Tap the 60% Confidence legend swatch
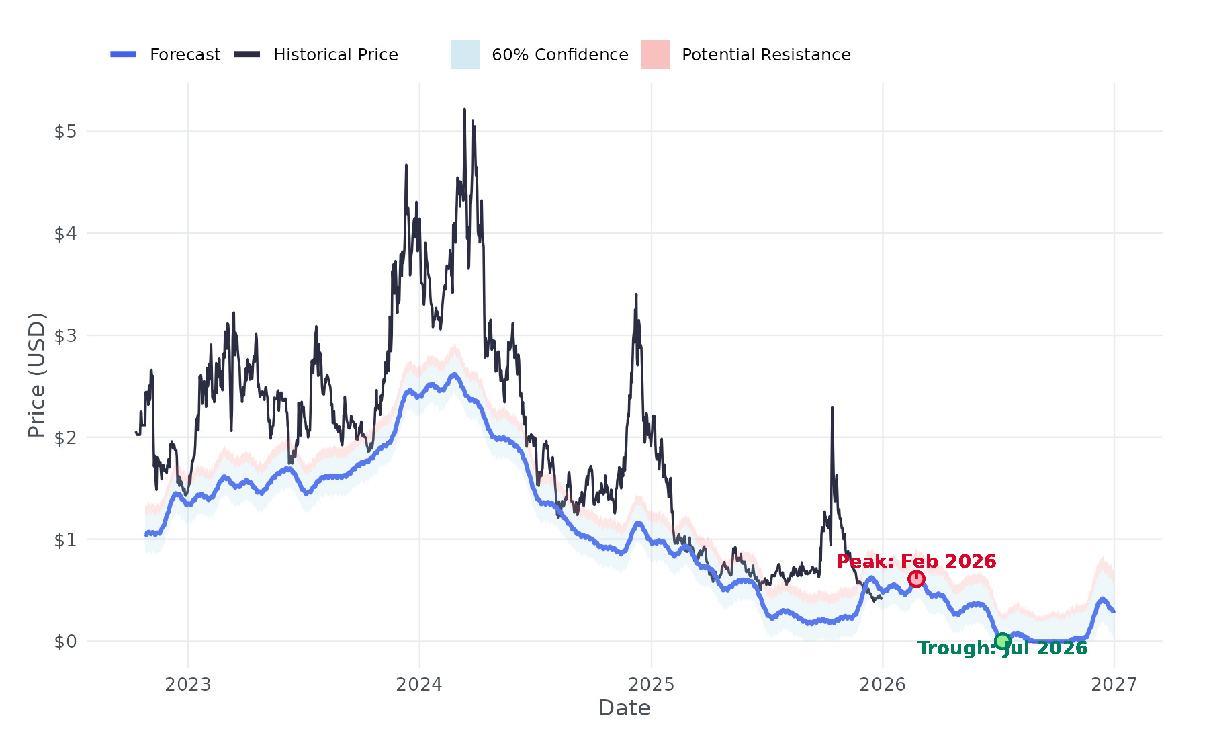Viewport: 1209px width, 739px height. pos(465,54)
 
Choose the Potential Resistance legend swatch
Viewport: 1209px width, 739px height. pos(655,54)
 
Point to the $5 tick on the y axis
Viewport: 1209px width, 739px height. pos(65,132)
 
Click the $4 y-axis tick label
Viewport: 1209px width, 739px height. pos(65,234)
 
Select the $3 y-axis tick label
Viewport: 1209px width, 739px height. pos(65,336)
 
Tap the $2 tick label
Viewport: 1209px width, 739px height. pos(65,438)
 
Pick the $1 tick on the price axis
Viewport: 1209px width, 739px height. pos(65,539)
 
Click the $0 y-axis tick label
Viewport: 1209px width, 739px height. pos(65,642)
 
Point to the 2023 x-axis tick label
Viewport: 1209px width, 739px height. pos(188,685)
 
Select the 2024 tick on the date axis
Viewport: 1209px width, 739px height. pos(419,685)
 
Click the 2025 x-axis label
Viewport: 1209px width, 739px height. pos(651,685)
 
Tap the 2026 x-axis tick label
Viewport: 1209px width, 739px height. pos(883,685)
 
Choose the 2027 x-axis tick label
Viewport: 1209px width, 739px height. pos(1114,685)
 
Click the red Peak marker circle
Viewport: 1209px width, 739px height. pos(916,579)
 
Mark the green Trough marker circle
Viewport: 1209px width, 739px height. pos(1002,641)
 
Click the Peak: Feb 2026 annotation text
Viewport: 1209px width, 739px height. pos(916,561)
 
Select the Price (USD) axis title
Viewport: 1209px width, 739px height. pos(36,375)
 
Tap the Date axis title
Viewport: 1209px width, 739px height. pos(624,708)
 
